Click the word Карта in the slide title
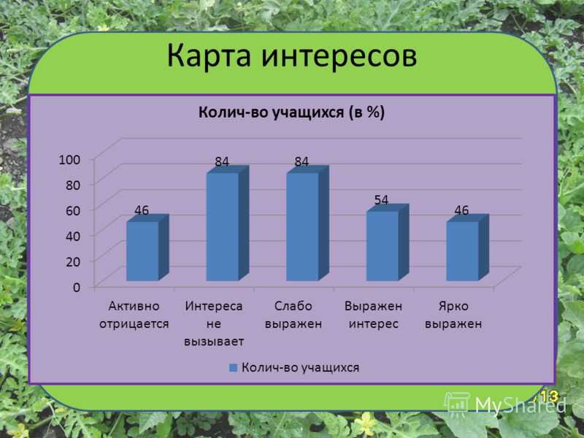click(x=209, y=55)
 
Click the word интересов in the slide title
click(x=339, y=56)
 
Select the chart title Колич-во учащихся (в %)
click(x=291, y=112)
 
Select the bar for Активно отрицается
click(x=147, y=247)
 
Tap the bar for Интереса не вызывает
click(x=228, y=223)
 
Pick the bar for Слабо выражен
click(x=307, y=223)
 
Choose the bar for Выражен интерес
click(x=388, y=242)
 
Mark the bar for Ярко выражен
click(x=468, y=247)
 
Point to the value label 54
click(x=381, y=200)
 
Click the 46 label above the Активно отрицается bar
click(x=142, y=210)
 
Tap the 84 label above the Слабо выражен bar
click(x=301, y=161)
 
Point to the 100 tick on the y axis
click(x=69, y=159)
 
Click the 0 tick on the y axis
click(x=77, y=287)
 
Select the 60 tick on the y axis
click(x=73, y=210)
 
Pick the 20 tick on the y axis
click(x=73, y=261)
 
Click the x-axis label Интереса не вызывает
click(x=214, y=323)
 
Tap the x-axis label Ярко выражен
click(x=453, y=315)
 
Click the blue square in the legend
click(x=233, y=368)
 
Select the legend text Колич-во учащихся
click(x=300, y=368)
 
